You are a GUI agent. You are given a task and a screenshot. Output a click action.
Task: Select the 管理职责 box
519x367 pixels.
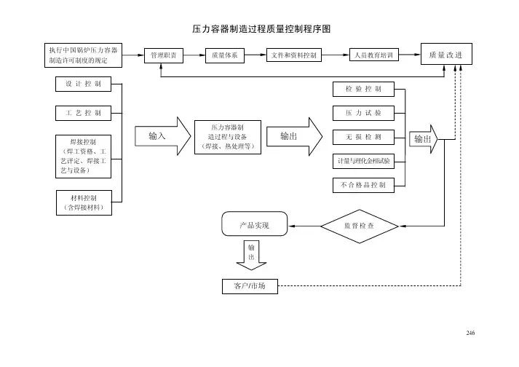pos(163,55)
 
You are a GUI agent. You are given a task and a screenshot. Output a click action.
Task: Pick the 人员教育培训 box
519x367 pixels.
pos(374,55)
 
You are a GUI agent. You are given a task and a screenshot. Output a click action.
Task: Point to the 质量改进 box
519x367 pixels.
pos(447,55)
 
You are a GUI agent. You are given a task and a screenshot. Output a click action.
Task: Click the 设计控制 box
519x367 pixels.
pos(82,84)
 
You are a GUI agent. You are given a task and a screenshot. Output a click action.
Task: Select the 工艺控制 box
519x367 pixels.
pos(82,113)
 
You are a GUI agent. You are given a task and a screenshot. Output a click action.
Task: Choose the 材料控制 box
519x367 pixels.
pos(84,202)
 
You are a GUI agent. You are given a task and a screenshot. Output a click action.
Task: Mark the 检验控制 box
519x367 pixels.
pos(363,90)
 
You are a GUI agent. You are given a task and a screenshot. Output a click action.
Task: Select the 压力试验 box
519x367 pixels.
pos(363,113)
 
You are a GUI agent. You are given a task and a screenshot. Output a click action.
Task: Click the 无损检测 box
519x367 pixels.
pos(363,137)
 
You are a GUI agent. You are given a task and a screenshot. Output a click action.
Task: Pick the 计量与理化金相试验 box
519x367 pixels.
pos(363,160)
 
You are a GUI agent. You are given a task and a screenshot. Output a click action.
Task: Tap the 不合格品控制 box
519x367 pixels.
pos(363,185)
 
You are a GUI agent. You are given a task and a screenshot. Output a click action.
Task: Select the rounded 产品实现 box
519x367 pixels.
pos(254,226)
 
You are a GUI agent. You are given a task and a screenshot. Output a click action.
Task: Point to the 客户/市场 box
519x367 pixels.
pos(250,285)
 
